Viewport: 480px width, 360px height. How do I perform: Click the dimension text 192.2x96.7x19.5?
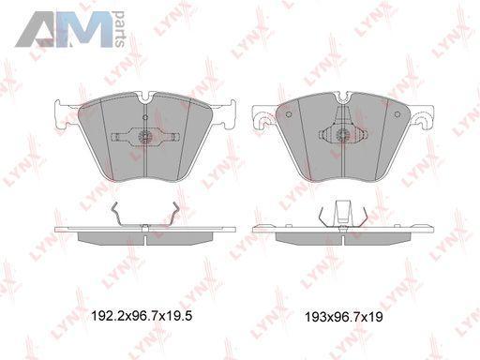tap(142, 316)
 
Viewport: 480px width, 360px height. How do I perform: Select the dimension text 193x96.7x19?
tap(344, 317)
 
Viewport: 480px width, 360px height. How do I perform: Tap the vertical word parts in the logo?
tap(120, 29)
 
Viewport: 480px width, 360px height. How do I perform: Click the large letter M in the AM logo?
tap(84, 30)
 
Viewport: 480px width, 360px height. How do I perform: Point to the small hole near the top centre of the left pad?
tap(145, 117)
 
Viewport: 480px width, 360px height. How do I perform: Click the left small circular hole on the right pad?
tap(289, 114)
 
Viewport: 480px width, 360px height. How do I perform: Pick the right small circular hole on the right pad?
tap(397, 114)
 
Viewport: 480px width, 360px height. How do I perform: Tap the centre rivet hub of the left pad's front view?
tap(145, 136)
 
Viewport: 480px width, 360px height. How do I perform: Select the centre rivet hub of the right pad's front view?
tap(342, 134)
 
